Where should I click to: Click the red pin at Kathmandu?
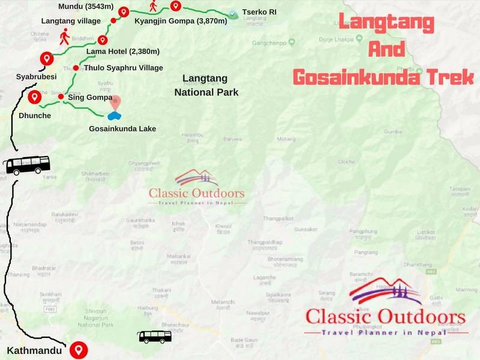pos(77,349)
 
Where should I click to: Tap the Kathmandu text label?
pos(34,350)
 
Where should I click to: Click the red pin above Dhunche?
pos(34,97)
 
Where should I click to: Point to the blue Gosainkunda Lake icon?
pos(115,116)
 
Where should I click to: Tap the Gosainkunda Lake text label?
pos(122,129)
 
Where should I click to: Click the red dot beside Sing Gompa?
pos(61,96)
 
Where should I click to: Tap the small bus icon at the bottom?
pos(155,337)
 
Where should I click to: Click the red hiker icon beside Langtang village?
pos(64,37)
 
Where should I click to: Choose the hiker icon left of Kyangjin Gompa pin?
pos(154,7)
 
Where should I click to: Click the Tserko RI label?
pos(259,12)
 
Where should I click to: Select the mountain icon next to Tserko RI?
pos(232,14)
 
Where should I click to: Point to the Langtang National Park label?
pos(206,85)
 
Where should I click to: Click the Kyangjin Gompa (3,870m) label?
pos(180,22)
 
